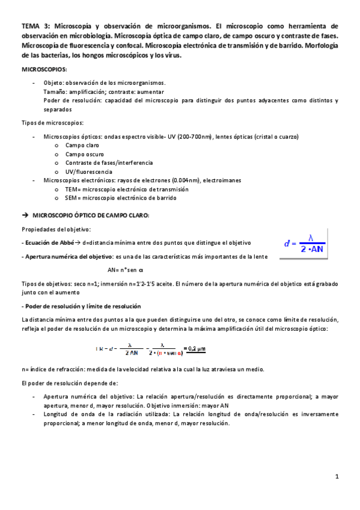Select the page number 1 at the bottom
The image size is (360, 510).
coord(338,477)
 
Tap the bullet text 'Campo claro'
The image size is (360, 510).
coord(82,146)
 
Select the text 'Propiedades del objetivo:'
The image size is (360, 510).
coord(56,229)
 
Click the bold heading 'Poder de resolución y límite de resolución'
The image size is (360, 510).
coord(82,306)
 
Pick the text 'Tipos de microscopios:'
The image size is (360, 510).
coord(52,123)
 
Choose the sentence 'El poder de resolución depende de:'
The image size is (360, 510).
coord(70,383)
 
